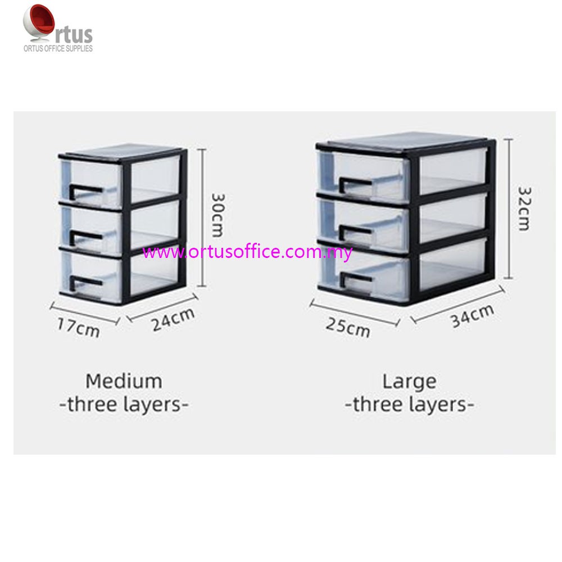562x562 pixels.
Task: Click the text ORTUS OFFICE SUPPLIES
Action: pos(57,48)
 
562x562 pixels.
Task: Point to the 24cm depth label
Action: pos(174,321)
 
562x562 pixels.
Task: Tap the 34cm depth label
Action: pos(473,318)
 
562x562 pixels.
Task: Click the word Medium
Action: pos(124,381)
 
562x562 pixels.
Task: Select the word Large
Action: pos(409,381)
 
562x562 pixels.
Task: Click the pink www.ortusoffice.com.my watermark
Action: pos(247,252)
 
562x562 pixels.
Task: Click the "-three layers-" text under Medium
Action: pos(124,405)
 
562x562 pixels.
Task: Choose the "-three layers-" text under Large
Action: pos(409,405)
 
